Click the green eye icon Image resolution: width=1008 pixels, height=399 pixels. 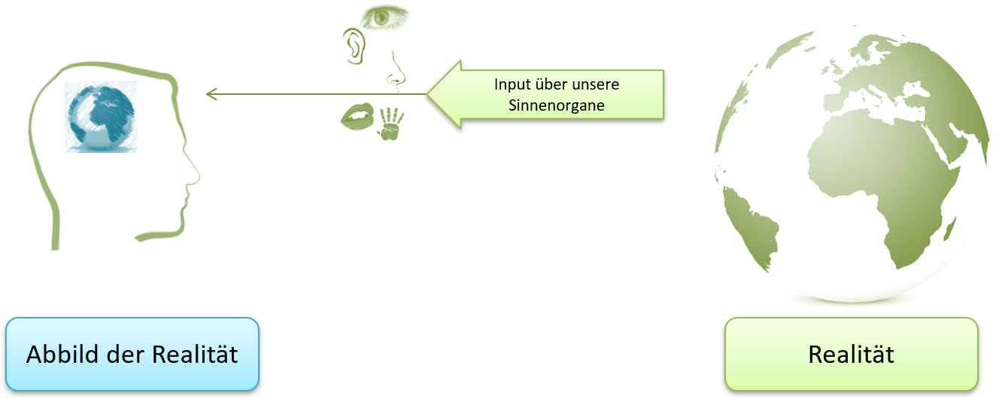pos(384,17)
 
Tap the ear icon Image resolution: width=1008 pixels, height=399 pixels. pos(354,45)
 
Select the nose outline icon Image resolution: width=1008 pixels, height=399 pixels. pos(396,72)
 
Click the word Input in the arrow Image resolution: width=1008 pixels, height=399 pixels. pos(512,84)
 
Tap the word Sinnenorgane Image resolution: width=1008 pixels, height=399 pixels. pos(557,105)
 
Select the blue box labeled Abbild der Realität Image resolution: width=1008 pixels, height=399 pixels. pos(132,354)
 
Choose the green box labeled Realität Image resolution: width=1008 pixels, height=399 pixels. pos(851,354)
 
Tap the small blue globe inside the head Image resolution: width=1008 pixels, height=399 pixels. pos(101,117)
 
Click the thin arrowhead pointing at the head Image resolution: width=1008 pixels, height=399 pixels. pos(210,94)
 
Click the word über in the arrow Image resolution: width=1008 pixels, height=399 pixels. pos(551,84)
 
